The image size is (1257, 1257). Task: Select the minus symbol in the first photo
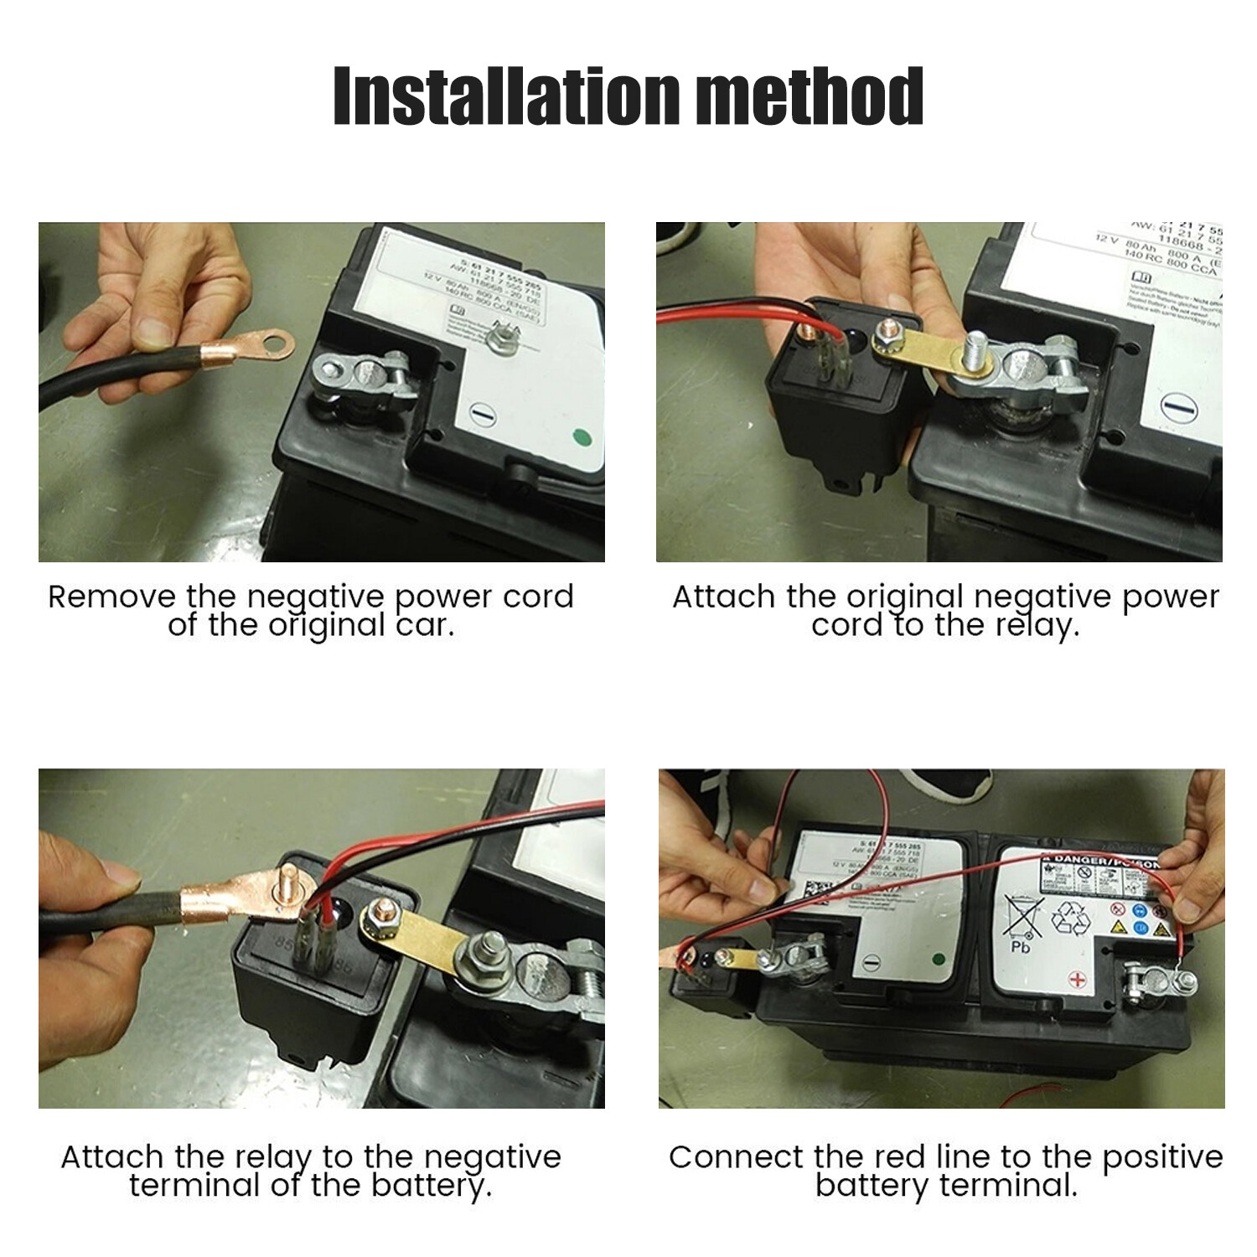click(x=481, y=412)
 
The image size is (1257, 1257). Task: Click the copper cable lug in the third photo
click(x=251, y=897)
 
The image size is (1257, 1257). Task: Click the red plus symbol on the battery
click(x=1079, y=979)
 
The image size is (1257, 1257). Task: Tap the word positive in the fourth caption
click(x=1162, y=1157)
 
